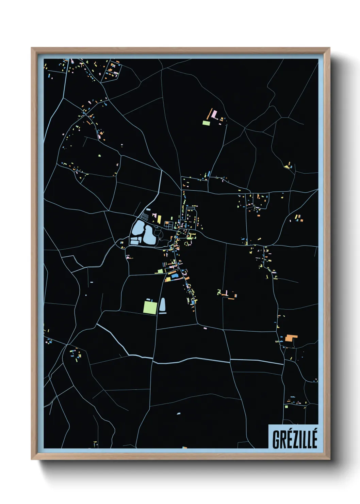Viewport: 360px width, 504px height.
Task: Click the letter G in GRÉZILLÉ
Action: click(x=276, y=440)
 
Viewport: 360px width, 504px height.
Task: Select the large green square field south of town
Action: click(x=150, y=307)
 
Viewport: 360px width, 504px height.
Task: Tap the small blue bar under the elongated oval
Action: click(x=162, y=313)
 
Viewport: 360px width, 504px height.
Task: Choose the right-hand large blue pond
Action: click(x=149, y=235)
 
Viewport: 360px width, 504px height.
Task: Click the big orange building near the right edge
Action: click(x=290, y=338)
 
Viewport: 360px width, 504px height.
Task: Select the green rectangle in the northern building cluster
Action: click(x=206, y=123)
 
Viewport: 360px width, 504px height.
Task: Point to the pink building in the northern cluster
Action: click(x=214, y=114)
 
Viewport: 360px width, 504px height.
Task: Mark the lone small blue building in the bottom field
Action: click(x=179, y=414)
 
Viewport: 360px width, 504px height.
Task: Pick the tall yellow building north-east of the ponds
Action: click(x=159, y=219)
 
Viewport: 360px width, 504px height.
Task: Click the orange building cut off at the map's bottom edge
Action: click(x=185, y=447)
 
